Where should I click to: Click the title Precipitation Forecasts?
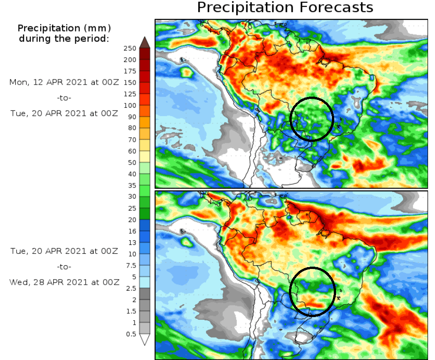(285, 7)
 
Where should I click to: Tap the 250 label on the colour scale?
(130, 48)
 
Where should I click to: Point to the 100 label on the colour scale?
(130, 105)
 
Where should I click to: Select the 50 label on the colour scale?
(132, 162)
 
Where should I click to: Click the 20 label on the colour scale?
(132, 219)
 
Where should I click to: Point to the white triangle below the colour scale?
(145, 340)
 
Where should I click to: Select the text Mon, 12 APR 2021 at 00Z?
(64, 82)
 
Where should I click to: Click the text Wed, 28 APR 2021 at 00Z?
(64, 282)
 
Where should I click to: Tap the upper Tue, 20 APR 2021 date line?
(64, 113)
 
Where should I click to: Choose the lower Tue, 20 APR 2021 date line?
(64, 251)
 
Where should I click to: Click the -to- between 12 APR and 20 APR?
(64, 98)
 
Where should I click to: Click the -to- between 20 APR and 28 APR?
(64, 267)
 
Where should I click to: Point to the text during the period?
(64, 39)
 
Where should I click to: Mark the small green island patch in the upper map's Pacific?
(187, 72)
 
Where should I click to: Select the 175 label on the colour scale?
(130, 71)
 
